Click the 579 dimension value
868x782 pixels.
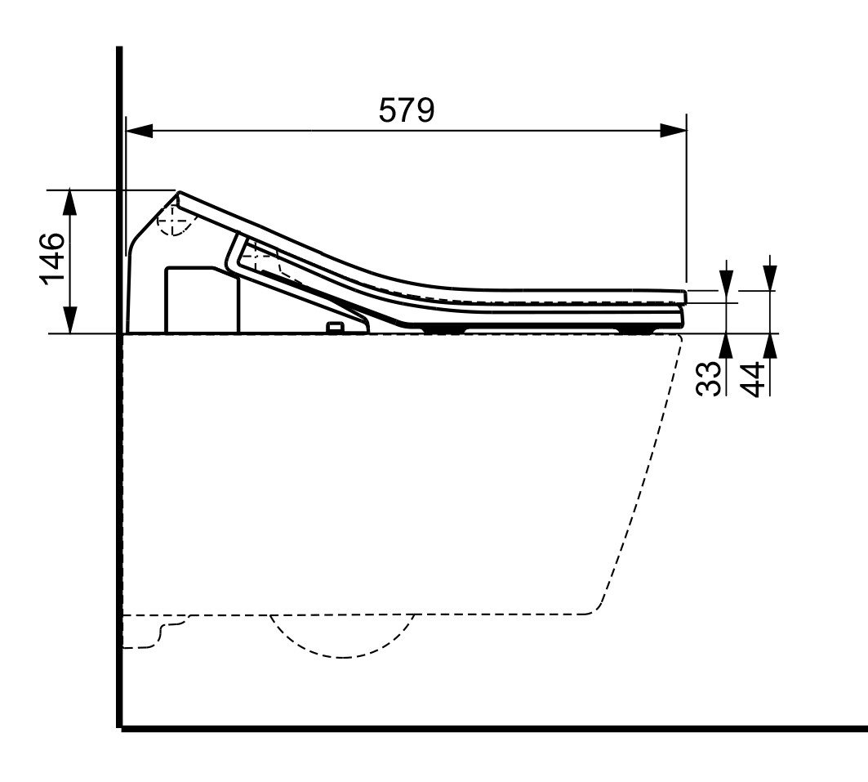(x=407, y=110)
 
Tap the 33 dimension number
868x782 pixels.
(x=710, y=378)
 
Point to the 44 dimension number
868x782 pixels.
(x=753, y=379)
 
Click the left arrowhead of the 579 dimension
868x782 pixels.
(x=140, y=132)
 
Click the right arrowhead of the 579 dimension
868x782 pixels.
(x=674, y=132)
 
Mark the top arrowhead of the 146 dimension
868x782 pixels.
(x=69, y=203)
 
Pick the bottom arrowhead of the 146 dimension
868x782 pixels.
(x=69, y=320)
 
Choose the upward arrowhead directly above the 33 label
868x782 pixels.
(x=728, y=347)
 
